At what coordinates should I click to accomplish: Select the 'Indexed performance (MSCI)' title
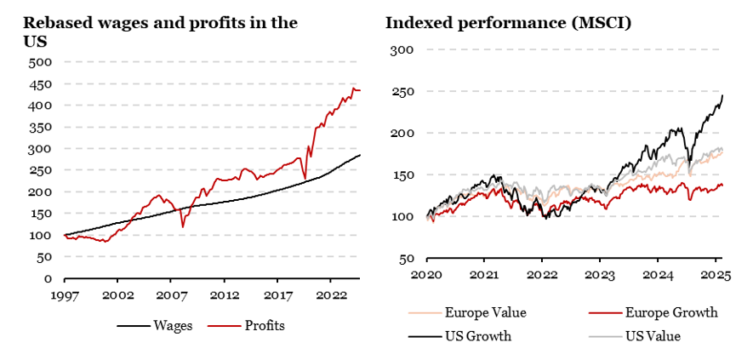pyautogui.click(x=508, y=23)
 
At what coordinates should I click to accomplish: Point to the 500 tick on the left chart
pyautogui.click(x=41, y=62)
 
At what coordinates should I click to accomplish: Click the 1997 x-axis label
pyautogui.click(x=65, y=294)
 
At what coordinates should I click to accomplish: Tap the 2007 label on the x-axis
pyautogui.click(x=170, y=294)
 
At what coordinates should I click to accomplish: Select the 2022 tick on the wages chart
pyautogui.click(x=329, y=294)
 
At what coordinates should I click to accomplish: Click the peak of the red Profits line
pyautogui.click(x=353, y=88)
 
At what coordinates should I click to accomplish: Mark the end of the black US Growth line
pyautogui.click(x=722, y=94)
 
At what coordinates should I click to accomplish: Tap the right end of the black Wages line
pyautogui.click(x=360, y=155)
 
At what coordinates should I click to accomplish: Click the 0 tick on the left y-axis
pyautogui.click(x=48, y=278)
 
